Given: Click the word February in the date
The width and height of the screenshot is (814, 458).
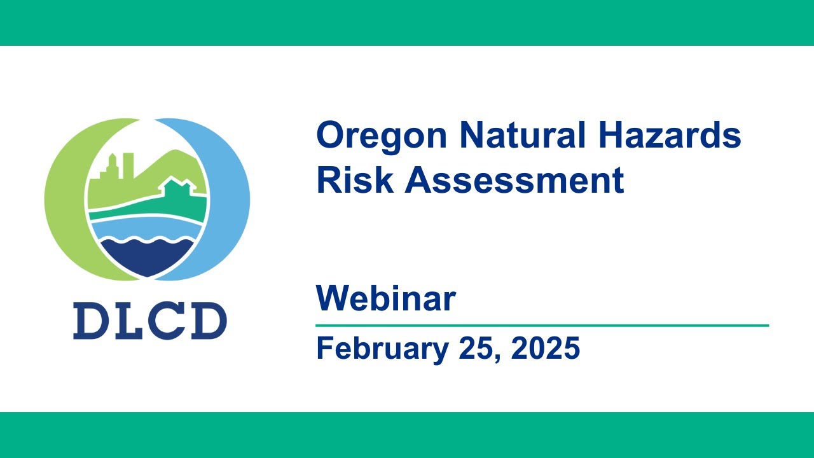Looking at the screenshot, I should pos(382,349).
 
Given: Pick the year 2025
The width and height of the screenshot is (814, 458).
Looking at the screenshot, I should pos(545,349).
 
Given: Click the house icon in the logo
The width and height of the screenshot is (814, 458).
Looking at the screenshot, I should pos(177,189).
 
